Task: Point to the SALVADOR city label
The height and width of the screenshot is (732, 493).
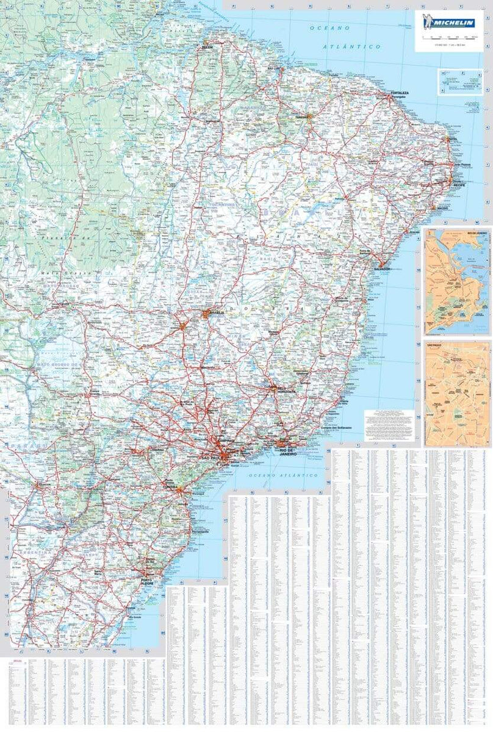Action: (x=382, y=269)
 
